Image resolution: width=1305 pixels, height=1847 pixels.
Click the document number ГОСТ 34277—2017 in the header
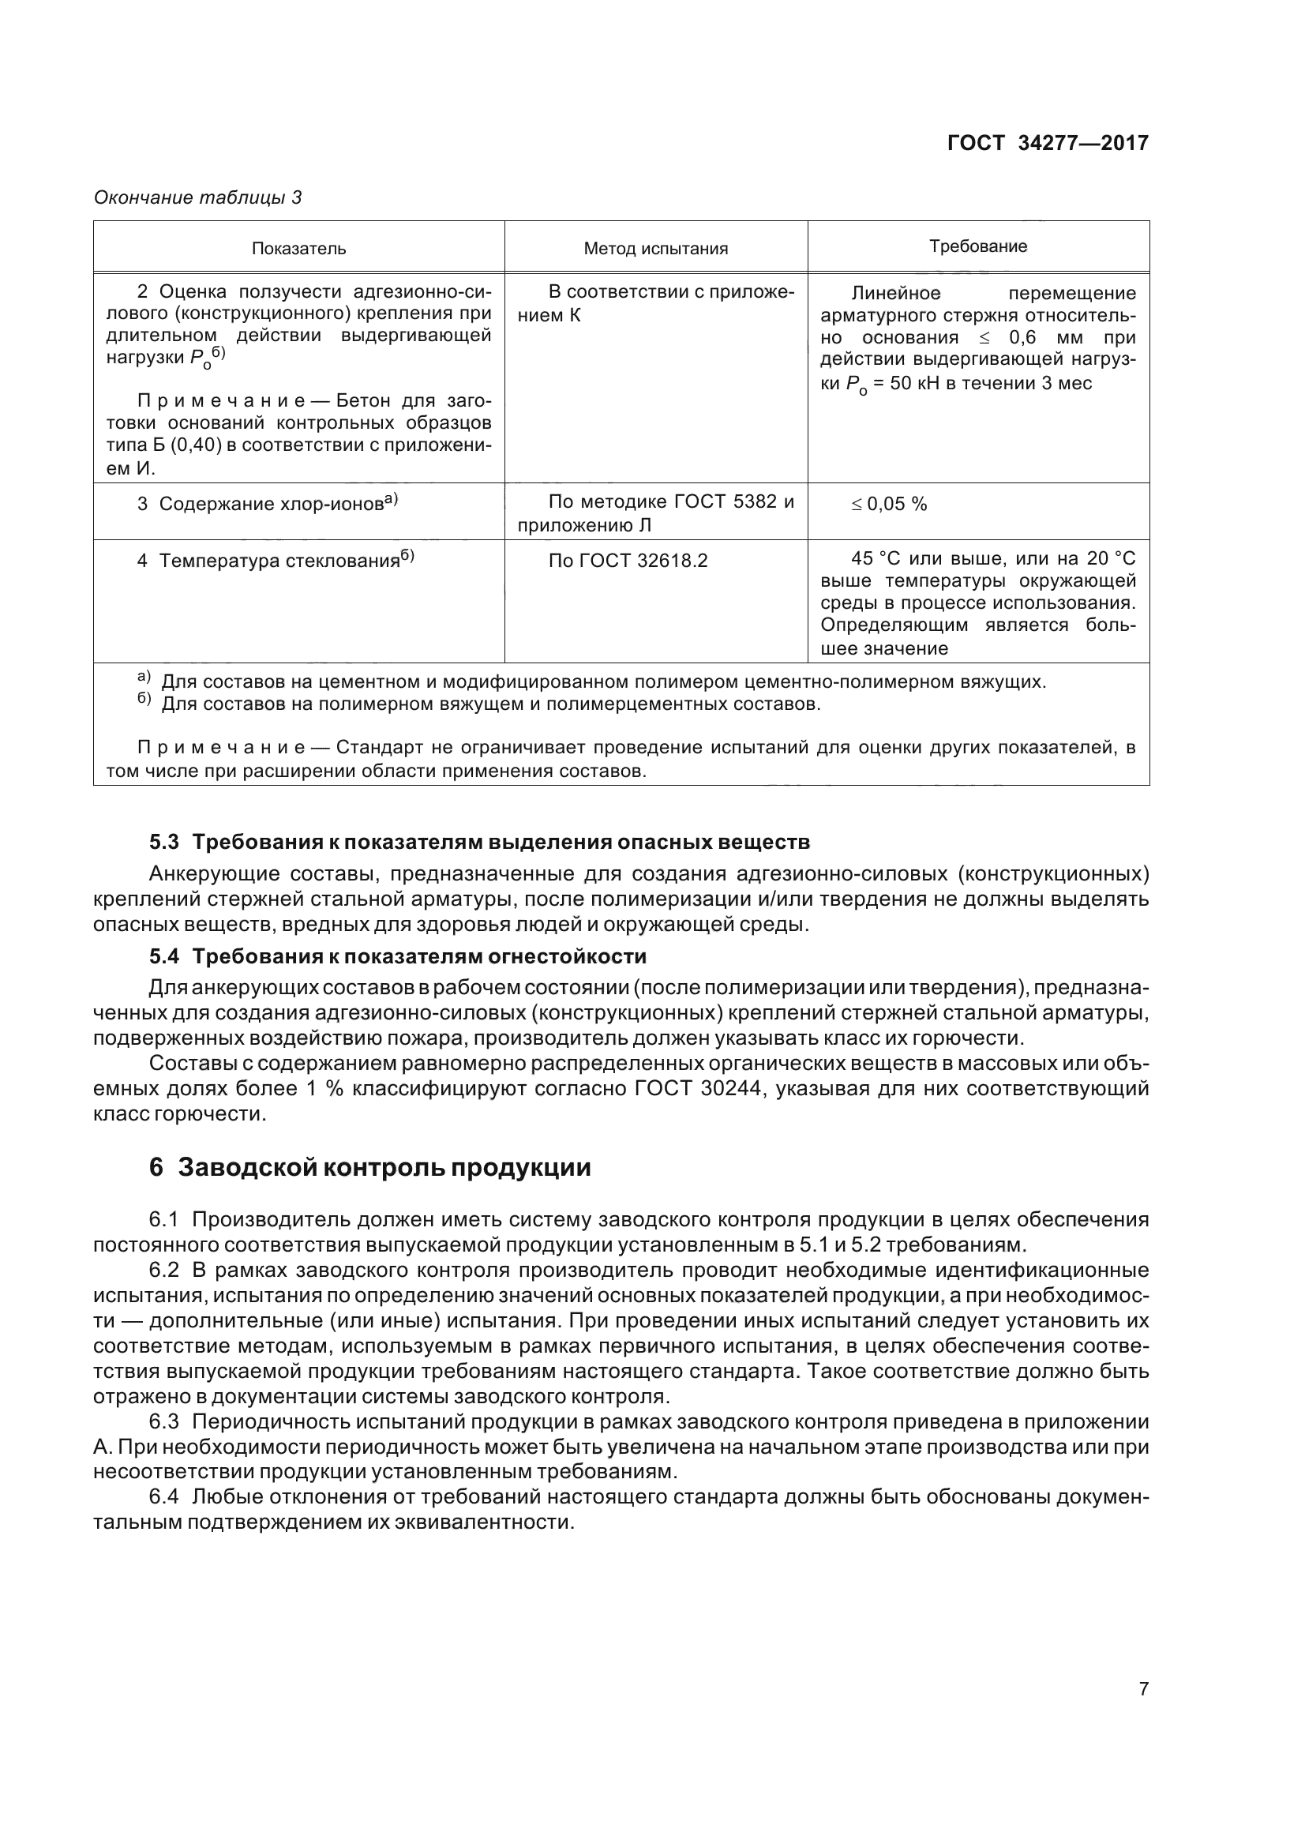point(1048,143)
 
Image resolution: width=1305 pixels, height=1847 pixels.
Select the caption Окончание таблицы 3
point(198,197)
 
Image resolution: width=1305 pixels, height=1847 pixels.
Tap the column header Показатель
point(299,249)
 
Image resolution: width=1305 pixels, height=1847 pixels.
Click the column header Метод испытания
point(655,249)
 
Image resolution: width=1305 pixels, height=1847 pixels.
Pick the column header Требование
point(977,246)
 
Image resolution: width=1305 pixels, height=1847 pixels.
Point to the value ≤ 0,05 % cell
point(889,505)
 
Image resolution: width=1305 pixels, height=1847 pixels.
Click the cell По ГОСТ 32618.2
point(628,561)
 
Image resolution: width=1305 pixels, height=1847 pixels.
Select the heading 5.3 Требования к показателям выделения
point(479,843)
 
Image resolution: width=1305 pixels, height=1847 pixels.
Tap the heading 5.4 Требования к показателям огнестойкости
point(398,956)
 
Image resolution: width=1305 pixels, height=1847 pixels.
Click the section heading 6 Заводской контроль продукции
point(370,1167)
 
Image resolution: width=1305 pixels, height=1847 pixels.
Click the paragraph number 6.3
point(164,1422)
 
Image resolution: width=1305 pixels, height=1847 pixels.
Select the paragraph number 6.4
point(164,1497)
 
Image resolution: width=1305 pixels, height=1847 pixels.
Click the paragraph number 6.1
point(164,1219)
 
